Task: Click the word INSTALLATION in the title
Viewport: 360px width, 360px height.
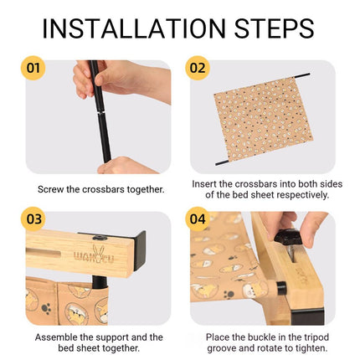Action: click(x=134, y=28)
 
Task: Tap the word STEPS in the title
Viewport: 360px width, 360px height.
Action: click(x=275, y=28)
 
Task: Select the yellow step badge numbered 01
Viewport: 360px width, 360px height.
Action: click(x=33, y=68)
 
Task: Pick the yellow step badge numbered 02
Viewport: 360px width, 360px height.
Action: click(x=198, y=68)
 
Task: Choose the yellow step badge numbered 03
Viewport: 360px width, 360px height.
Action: click(x=33, y=219)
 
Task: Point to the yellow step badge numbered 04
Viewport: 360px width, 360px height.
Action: click(x=198, y=219)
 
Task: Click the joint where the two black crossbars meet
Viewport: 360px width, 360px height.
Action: click(x=100, y=113)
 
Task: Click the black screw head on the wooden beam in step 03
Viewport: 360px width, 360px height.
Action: click(x=100, y=238)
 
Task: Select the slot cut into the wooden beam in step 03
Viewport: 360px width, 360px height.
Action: click(x=44, y=255)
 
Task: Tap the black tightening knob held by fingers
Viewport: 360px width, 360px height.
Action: click(x=287, y=236)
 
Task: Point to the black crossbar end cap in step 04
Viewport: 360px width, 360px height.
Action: click(x=281, y=288)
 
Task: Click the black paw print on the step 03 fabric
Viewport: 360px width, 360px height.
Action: click(x=47, y=308)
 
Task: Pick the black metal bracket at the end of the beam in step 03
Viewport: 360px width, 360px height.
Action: click(x=140, y=250)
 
